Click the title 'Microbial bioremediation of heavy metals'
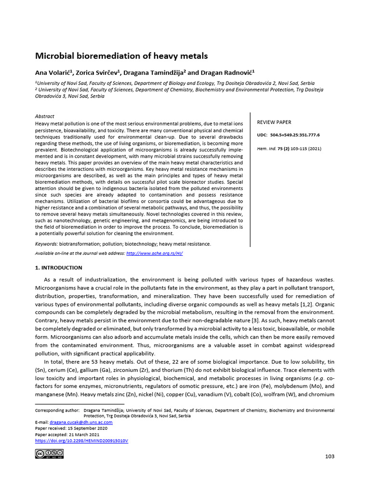121,56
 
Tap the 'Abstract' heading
45,116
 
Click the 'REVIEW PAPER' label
274,123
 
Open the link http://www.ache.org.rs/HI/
154,253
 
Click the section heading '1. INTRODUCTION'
59,268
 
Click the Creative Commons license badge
49,454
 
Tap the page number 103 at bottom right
330,456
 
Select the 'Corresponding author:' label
57,410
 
